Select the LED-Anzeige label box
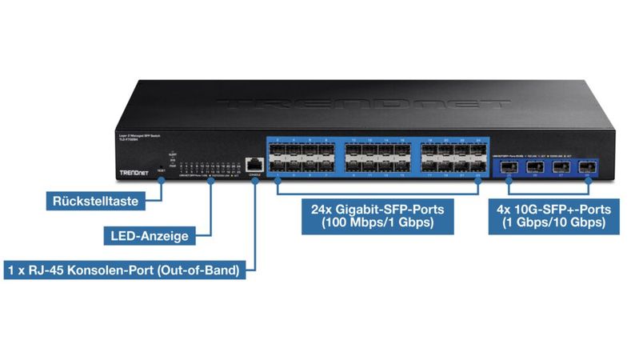click(x=148, y=235)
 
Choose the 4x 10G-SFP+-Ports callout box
click(x=554, y=216)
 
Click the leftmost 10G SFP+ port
click(x=508, y=166)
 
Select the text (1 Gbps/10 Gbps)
click(x=554, y=224)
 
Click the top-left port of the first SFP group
click(x=276, y=148)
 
